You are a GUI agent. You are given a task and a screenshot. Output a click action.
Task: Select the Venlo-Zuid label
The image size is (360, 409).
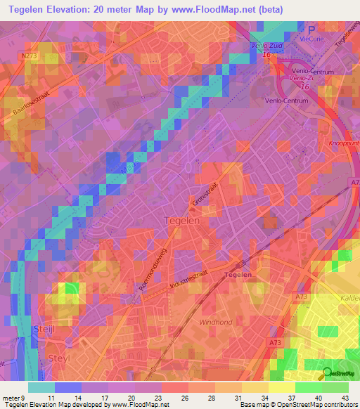click(266, 46)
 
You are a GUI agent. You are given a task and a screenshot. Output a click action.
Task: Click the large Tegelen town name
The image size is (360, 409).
click(182, 220)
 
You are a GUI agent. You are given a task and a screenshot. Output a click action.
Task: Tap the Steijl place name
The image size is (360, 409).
click(46, 329)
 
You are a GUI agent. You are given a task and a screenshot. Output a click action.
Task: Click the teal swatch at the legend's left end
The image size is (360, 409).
click(41, 387)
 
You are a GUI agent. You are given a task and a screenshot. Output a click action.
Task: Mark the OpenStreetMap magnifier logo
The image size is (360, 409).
click(328, 373)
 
